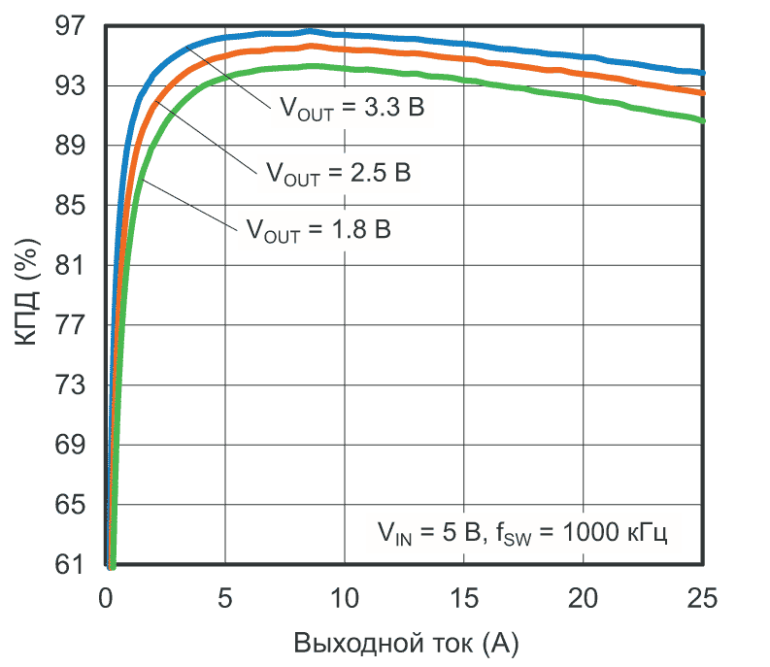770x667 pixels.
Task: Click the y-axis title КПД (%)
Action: point(28,296)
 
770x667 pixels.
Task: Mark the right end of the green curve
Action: point(702,120)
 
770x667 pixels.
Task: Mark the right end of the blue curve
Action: point(702,73)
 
